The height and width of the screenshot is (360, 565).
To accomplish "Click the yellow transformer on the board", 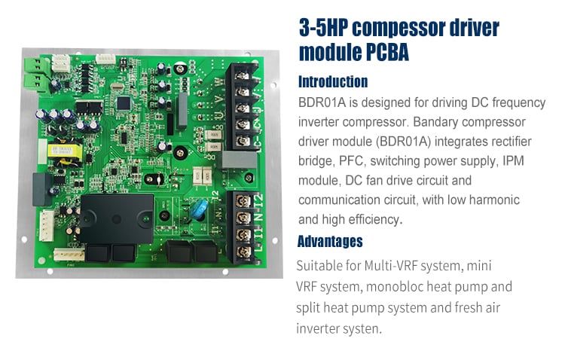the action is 65,151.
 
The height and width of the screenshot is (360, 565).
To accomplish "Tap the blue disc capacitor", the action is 199,209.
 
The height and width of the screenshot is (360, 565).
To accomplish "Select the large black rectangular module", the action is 116,218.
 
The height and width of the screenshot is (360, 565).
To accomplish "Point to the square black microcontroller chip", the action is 124,103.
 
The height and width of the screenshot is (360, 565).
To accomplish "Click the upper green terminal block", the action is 35,66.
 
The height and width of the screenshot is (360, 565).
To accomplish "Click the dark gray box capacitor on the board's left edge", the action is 42,189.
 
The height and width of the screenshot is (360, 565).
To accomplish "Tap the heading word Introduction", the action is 333,82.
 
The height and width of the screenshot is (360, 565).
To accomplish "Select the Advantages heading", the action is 330,241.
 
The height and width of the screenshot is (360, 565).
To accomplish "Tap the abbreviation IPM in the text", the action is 513,160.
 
